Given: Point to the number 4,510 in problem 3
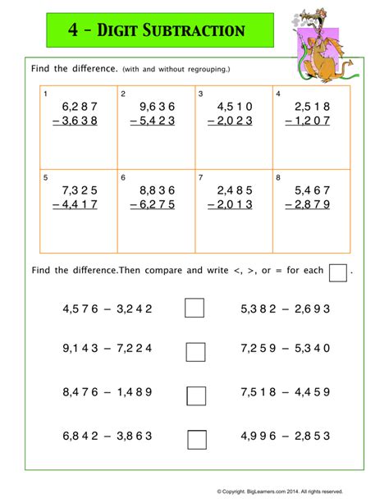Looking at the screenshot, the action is (235, 107).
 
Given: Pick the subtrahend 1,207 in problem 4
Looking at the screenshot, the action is (312, 121).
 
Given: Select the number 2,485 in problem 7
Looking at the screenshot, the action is (235, 190).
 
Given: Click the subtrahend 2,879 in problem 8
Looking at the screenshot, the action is (312, 205).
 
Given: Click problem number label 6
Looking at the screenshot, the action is (123, 177).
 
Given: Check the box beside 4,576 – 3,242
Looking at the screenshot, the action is (195, 309).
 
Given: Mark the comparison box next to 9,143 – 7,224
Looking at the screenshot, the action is (195, 351).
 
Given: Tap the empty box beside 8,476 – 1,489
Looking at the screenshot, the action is (195, 395).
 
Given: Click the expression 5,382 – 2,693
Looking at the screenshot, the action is (285, 309).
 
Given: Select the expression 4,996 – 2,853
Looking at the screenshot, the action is (285, 435).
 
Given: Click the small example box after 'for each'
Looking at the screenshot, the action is (338, 272).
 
